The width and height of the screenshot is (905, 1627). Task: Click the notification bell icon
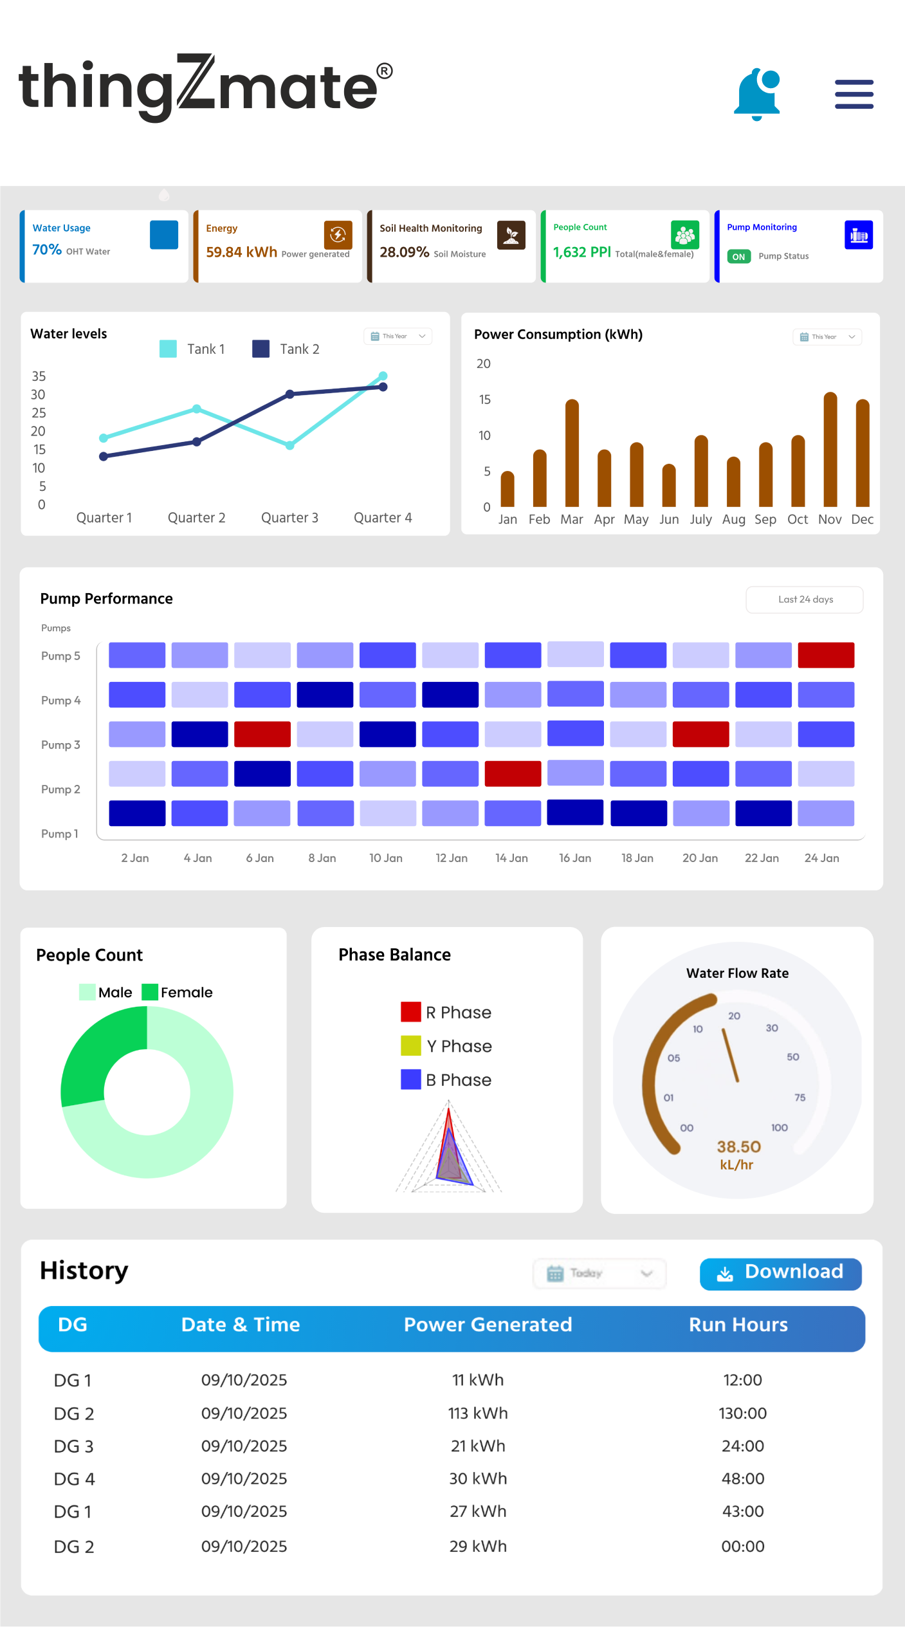coord(757,95)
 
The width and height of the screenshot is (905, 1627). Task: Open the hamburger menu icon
coord(854,95)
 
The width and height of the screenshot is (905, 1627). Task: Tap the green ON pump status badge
coord(738,257)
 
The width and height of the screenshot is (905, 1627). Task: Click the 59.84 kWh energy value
coord(241,252)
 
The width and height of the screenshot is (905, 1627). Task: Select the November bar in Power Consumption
coord(830,450)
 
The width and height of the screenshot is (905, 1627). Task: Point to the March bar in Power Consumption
coord(572,454)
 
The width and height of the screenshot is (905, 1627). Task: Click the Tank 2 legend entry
coord(286,349)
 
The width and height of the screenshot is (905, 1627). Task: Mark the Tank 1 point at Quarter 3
coord(290,445)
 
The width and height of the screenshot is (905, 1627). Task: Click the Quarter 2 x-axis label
coord(196,518)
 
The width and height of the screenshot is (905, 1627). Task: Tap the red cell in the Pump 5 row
coord(826,655)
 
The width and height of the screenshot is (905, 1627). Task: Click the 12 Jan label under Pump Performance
coord(451,858)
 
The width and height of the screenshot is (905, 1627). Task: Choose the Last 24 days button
coord(805,600)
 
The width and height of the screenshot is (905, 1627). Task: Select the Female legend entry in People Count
coord(178,993)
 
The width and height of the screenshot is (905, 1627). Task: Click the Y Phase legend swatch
coord(410,1046)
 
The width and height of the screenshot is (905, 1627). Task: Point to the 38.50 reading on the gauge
coord(738,1146)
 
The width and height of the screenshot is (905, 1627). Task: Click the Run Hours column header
coord(738,1325)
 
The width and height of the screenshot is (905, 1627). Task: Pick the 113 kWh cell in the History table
coord(478,1413)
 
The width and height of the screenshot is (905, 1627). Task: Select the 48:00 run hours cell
coord(743,1478)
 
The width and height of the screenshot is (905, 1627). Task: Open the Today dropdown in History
coord(599,1273)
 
